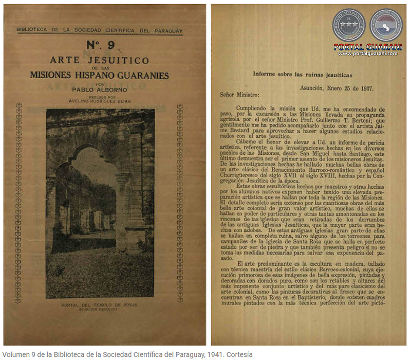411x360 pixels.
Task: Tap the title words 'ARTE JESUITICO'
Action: pyautogui.click(x=100, y=60)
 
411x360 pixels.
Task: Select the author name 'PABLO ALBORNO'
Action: pyautogui.click(x=99, y=89)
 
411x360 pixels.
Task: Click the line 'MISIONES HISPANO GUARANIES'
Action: pyautogui.click(x=100, y=75)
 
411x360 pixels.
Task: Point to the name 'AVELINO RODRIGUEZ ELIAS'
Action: pyautogui.click(x=99, y=101)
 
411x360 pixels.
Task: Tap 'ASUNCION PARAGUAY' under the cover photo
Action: pyautogui.click(x=100, y=311)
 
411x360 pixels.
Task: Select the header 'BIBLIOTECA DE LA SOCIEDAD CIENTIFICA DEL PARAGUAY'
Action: pyautogui.click(x=100, y=31)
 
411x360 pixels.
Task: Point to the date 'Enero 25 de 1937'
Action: pyautogui.click(x=349, y=87)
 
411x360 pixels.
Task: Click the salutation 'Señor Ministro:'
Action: pyautogui.click(x=240, y=95)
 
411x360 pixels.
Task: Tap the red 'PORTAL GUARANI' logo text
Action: pyautogui.click(x=368, y=47)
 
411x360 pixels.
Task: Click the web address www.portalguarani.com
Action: pyautogui.click(x=368, y=53)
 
